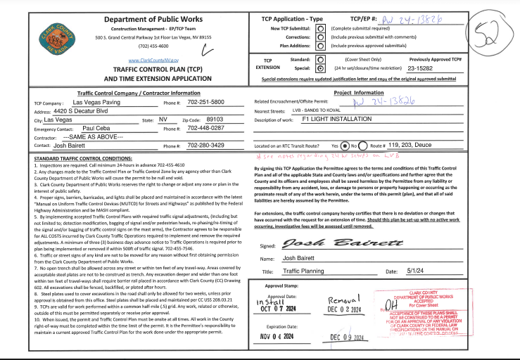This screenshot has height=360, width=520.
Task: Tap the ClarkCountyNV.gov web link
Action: pos(153,61)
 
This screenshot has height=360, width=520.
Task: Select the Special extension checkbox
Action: pos(321,69)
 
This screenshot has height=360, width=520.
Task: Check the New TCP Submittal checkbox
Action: pos(321,27)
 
